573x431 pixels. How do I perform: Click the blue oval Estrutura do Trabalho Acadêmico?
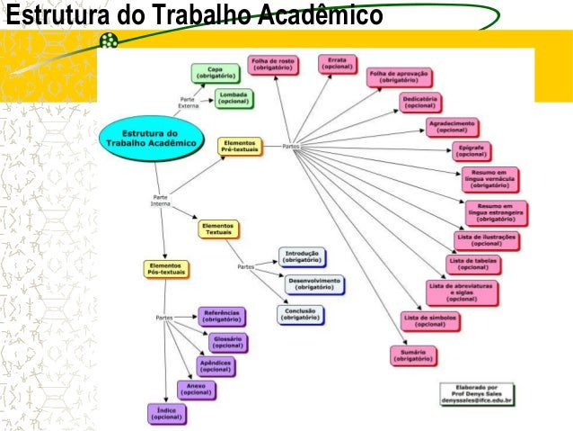(150, 137)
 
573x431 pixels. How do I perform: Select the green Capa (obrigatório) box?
(215, 72)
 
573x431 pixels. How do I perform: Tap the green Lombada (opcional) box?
(233, 97)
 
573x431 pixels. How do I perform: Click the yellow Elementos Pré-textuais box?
(240, 146)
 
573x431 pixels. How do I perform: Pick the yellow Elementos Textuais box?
(218, 229)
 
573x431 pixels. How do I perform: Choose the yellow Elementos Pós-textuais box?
(165, 268)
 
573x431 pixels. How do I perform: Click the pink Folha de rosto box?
(272, 64)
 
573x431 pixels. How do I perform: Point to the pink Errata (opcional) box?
(338, 64)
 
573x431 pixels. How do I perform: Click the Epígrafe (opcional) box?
(471, 150)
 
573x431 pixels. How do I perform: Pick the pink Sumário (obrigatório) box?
(413, 355)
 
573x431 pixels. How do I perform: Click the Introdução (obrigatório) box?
(302, 256)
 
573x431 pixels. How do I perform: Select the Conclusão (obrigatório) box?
(301, 314)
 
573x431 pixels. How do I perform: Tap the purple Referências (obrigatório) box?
(222, 316)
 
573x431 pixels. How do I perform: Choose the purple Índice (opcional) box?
(167, 413)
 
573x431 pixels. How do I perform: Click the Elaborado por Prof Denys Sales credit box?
(476, 393)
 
